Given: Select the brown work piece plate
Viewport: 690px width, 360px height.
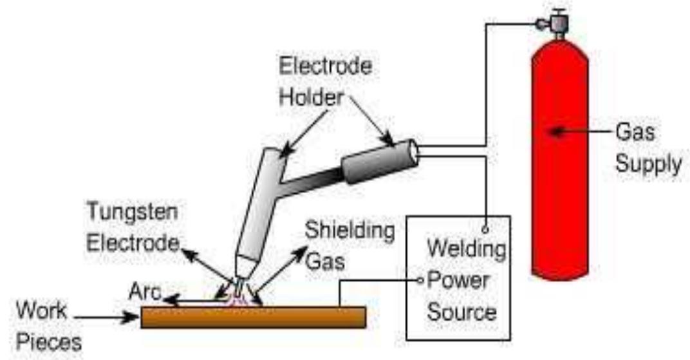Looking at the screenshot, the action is pyautogui.click(x=254, y=317).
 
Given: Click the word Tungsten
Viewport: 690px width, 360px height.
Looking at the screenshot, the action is pyautogui.click(x=133, y=212).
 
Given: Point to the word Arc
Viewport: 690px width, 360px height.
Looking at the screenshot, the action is pyautogui.click(x=145, y=291).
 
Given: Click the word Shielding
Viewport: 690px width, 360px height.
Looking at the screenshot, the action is pyautogui.click(x=350, y=231).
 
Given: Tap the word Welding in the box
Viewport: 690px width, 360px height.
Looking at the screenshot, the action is pyautogui.click(x=467, y=249).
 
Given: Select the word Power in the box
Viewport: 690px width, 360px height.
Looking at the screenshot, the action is pyautogui.click(x=458, y=280).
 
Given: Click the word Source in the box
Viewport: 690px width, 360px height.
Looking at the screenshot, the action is pyautogui.click(x=462, y=312).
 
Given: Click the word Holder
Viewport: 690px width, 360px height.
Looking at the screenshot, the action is pyautogui.click(x=312, y=97).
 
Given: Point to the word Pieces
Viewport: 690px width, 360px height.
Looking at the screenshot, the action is pyautogui.click(x=49, y=342).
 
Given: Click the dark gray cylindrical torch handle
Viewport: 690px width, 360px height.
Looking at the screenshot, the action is pyautogui.click(x=380, y=161).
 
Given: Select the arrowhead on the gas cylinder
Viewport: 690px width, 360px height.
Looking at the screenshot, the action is pyautogui.click(x=556, y=131).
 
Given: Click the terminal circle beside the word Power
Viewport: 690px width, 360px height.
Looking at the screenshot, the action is pyautogui.click(x=420, y=280).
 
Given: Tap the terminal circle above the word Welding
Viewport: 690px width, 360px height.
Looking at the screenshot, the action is pyautogui.click(x=485, y=229).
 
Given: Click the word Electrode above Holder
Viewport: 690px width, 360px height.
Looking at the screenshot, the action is pyautogui.click(x=326, y=66).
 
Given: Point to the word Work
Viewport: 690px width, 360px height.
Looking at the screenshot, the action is pyautogui.click(x=42, y=310).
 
